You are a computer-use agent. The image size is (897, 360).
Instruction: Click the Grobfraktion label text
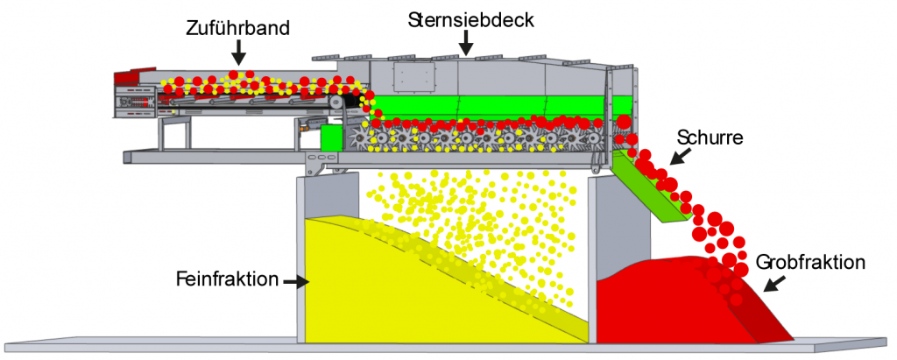(810, 262)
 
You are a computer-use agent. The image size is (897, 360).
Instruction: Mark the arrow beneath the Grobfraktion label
(774, 282)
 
